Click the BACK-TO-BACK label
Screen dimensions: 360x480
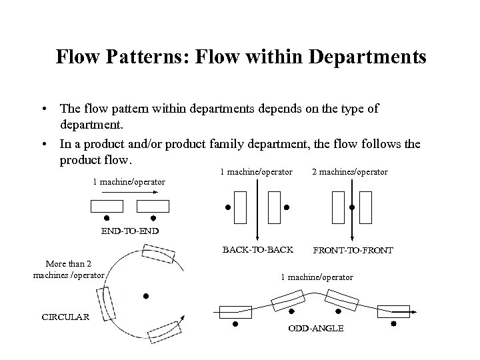coord(257,250)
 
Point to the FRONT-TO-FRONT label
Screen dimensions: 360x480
coord(353,251)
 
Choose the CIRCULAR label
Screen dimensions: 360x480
coord(65,317)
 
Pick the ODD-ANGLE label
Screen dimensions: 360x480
coord(316,329)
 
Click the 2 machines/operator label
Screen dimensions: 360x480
coord(351,172)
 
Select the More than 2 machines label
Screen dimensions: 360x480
coord(69,269)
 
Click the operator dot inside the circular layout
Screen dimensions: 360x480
coord(145,295)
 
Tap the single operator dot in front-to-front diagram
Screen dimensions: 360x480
coord(352,207)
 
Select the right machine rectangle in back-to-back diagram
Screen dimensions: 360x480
coord(273,207)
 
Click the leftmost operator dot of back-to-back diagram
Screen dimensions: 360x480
coord(227,207)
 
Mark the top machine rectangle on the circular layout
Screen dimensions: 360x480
coord(159,257)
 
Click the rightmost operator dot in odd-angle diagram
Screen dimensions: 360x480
coord(393,323)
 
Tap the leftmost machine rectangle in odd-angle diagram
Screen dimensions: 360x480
coord(235,310)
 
